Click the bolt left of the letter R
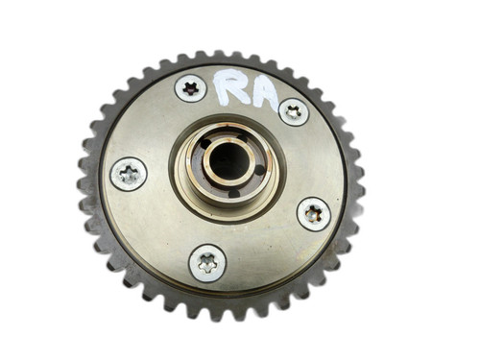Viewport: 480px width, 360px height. coord(190,89)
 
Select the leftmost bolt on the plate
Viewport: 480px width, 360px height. coord(129,174)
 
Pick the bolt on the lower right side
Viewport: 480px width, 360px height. coord(313,213)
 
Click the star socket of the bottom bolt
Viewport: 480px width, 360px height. coord(207,262)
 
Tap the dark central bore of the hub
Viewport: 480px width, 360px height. coord(228,160)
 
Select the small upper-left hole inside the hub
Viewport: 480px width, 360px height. coord(204,143)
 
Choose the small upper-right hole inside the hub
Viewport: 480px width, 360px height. coord(242,135)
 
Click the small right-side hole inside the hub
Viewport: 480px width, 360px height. coord(260,171)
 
